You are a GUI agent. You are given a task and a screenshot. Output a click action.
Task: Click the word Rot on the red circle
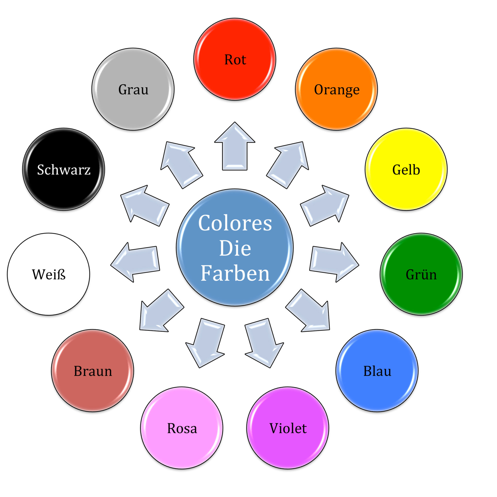(x=235, y=60)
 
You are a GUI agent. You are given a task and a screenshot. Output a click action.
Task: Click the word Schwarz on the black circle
(x=64, y=170)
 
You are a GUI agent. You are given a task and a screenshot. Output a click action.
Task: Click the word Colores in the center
(x=235, y=223)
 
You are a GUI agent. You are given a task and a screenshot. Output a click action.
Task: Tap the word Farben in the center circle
(x=235, y=273)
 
